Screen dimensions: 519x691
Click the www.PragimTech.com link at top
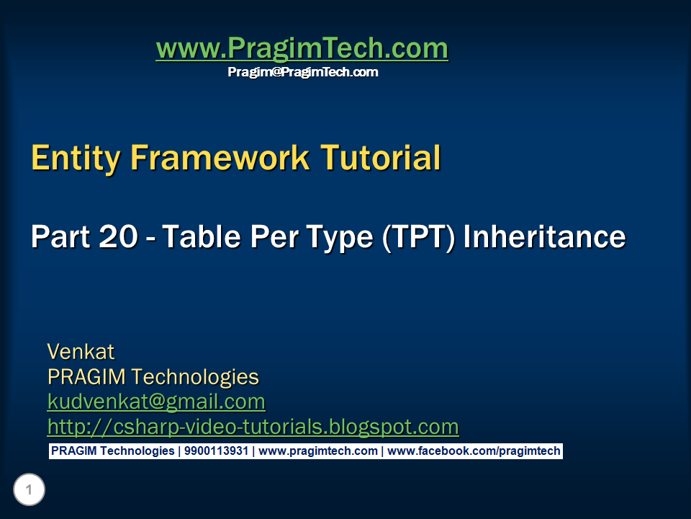[x=302, y=49]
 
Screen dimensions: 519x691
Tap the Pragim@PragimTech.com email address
[x=302, y=72]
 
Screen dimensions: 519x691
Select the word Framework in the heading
[x=219, y=158]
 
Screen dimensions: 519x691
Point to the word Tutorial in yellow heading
[x=381, y=158]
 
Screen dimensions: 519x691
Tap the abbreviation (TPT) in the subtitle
[x=418, y=237]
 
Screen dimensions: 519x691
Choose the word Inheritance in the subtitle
[x=544, y=237]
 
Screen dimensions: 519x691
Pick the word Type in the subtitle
[x=338, y=237]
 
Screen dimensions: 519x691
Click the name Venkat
[x=81, y=352]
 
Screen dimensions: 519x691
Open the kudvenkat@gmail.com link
[x=156, y=402]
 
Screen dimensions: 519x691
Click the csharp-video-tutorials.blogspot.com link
[x=253, y=427]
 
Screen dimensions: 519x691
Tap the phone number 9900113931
[x=216, y=451]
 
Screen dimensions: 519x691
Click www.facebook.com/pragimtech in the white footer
[x=474, y=451]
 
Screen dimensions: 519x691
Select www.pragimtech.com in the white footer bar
[x=318, y=451]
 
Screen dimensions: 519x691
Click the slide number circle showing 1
[x=29, y=491]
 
